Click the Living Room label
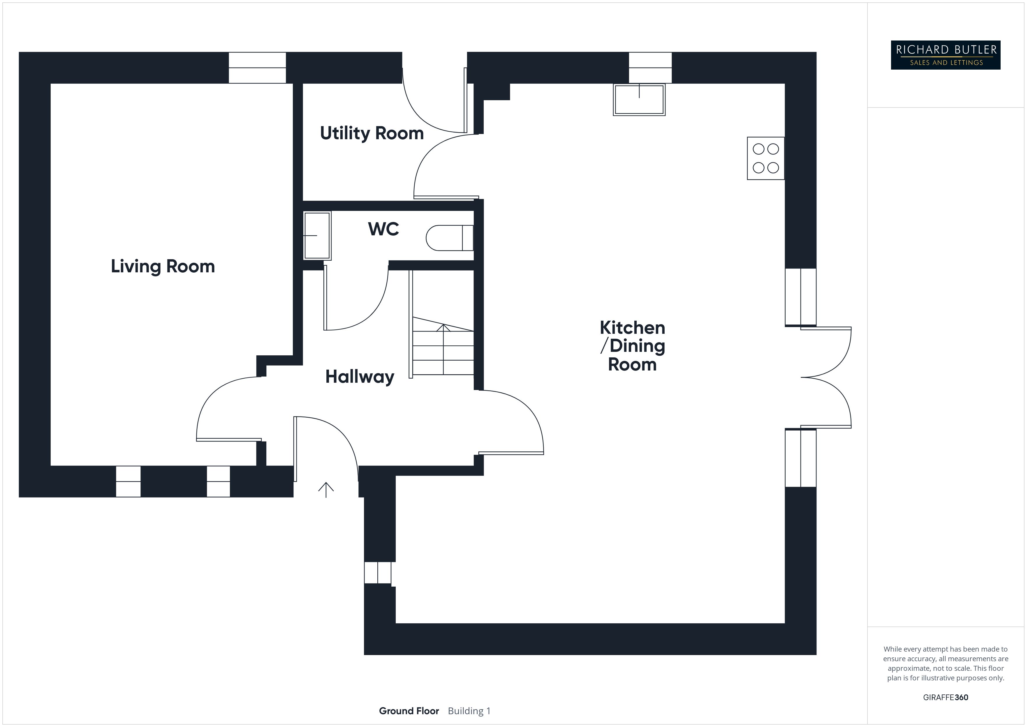click(x=163, y=266)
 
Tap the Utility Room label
click(x=372, y=133)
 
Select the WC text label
click(x=383, y=229)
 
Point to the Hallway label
click(x=360, y=377)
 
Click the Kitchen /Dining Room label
click(x=632, y=346)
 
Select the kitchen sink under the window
click(x=639, y=99)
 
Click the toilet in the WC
click(x=449, y=238)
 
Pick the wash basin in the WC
click(x=317, y=235)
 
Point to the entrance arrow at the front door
click(x=326, y=490)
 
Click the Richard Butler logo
click(x=946, y=55)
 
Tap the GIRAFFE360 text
click(x=945, y=697)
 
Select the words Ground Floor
click(x=409, y=711)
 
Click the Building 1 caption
click(x=469, y=711)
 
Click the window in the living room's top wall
click(x=258, y=68)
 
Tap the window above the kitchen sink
click(x=650, y=68)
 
